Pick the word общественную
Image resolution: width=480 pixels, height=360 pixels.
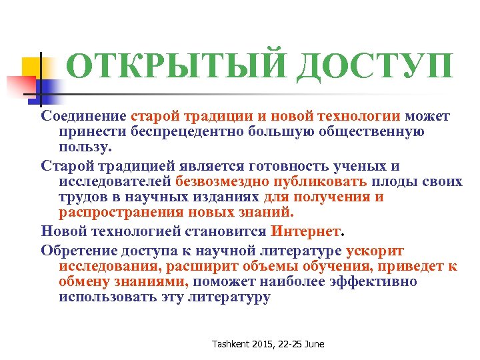tap(378, 131)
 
